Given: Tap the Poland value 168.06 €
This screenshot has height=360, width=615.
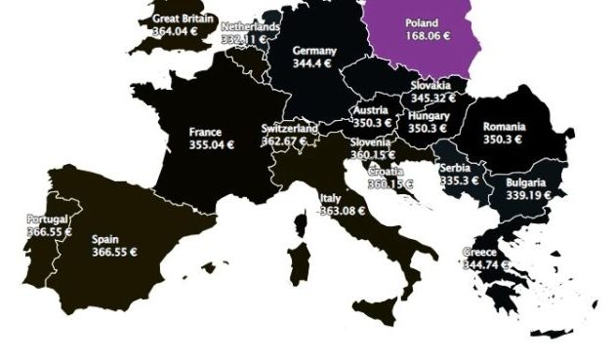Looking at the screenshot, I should (x=422, y=36).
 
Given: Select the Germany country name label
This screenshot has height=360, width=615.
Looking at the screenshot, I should (x=314, y=51).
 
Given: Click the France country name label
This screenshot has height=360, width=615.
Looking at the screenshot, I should (x=205, y=132).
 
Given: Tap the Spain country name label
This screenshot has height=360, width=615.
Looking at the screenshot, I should (x=105, y=238).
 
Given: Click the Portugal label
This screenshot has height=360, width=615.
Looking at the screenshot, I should (x=47, y=219).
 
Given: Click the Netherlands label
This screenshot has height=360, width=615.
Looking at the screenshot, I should (x=250, y=26).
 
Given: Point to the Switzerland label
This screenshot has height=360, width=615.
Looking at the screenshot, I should (x=289, y=129).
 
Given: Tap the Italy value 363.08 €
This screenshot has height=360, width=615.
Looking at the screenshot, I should (x=342, y=211).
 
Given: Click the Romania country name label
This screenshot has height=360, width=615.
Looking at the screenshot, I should (x=504, y=127).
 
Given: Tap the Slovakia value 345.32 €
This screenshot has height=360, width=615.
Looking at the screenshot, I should (x=436, y=100).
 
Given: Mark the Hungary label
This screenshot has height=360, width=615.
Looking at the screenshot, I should (x=430, y=116).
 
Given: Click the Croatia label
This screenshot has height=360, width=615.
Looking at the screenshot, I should (x=385, y=172).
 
